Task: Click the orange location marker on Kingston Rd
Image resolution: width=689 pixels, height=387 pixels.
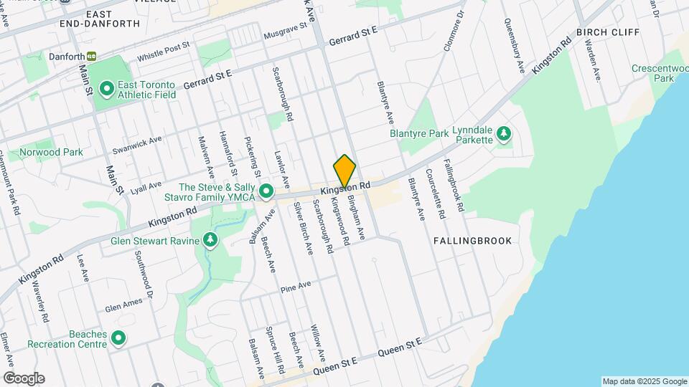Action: pos(344,171)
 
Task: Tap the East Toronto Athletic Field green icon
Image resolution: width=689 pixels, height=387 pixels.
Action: pos(107,89)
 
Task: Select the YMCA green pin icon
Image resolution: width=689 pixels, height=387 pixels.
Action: pos(266,191)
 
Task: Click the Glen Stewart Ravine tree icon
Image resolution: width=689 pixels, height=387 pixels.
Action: pos(210,241)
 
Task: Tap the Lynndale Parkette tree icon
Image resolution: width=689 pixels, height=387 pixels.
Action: pos(505,133)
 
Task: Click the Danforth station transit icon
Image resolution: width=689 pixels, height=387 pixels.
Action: pos(91,56)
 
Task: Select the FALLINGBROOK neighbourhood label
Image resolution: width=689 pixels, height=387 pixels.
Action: pos(473,241)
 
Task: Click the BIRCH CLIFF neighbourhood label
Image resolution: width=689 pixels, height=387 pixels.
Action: pos(607,33)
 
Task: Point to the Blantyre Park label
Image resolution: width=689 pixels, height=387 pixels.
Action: pos(419,133)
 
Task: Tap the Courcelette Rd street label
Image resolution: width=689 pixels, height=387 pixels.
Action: pos(434,193)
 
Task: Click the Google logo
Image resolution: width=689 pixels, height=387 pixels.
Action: pos(24,378)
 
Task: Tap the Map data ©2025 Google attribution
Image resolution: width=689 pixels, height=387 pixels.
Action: pos(644,381)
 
